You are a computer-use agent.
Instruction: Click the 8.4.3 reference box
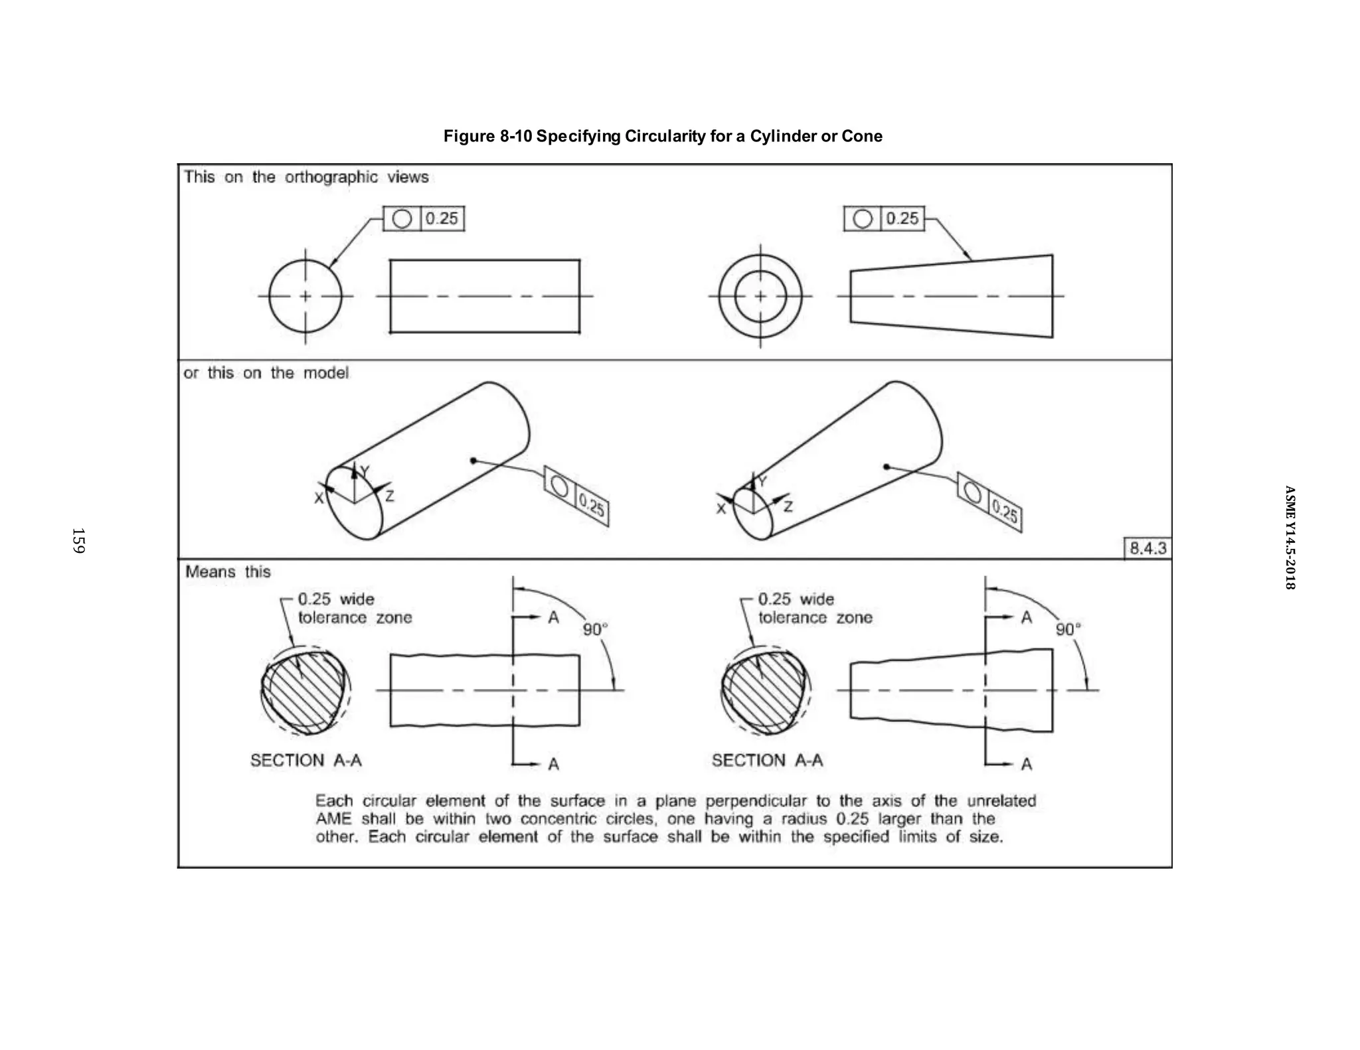tap(1147, 548)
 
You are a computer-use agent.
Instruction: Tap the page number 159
tap(78, 540)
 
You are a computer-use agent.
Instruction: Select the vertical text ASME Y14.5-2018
tap(1289, 538)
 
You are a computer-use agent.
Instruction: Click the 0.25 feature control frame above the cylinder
tap(424, 218)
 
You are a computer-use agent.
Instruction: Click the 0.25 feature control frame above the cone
tap(884, 218)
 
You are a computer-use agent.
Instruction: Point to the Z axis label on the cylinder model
tap(390, 496)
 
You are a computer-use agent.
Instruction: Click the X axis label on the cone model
tap(721, 509)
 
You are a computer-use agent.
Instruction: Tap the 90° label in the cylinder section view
tap(595, 629)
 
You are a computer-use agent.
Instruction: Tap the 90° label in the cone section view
tap(1068, 629)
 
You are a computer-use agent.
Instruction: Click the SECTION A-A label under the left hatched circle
tap(306, 761)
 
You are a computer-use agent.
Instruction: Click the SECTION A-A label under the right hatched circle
tap(767, 761)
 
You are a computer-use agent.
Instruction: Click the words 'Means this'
tap(228, 572)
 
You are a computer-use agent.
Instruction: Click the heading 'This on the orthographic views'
tap(306, 177)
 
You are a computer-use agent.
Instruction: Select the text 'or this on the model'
tap(266, 373)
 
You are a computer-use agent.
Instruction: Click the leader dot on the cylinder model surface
tap(473, 461)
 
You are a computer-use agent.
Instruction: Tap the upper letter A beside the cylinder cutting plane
tap(553, 618)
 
